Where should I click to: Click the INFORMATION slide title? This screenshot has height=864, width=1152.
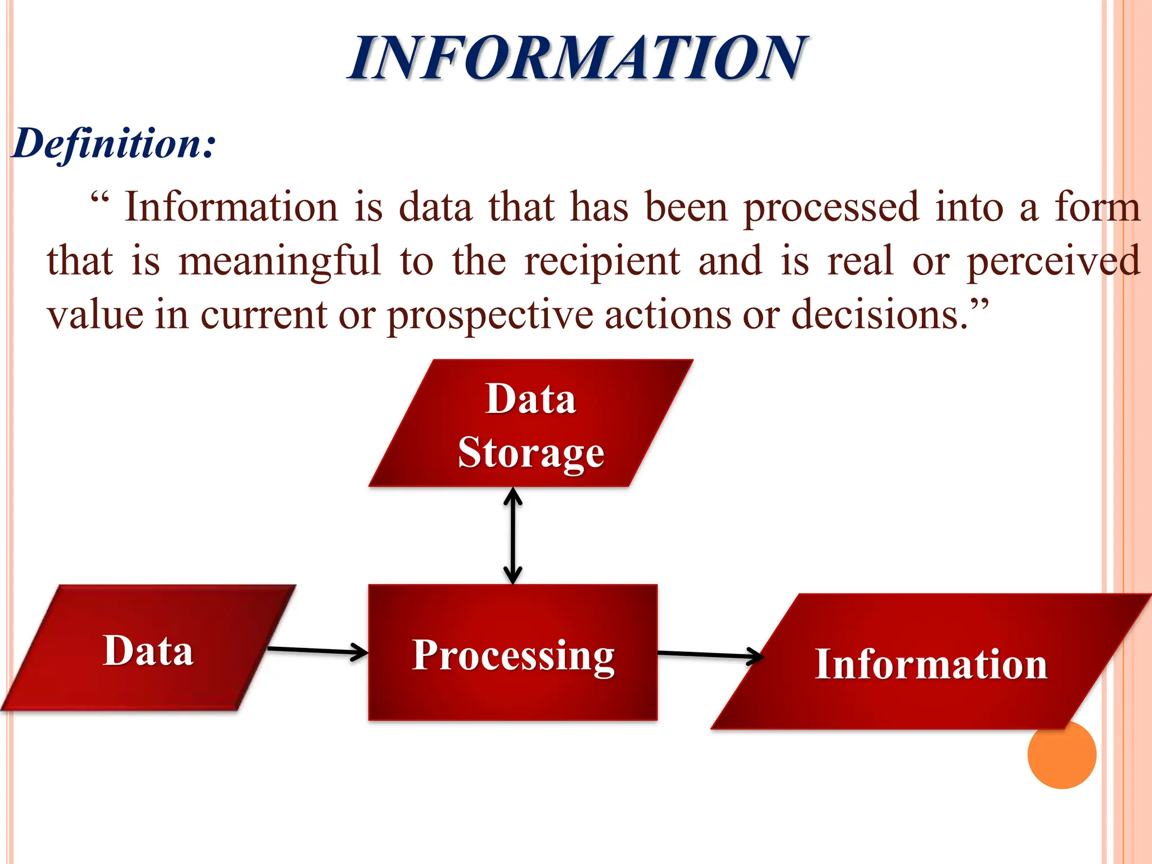[x=578, y=57]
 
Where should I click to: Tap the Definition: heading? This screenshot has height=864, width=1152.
[x=114, y=143]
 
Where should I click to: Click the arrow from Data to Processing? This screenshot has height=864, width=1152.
[x=317, y=651]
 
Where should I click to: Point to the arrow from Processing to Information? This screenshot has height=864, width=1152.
[x=710, y=654]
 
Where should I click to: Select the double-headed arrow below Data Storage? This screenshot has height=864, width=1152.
[x=512, y=535]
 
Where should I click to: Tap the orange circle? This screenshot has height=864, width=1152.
[x=1061, y=754]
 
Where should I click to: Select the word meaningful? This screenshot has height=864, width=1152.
[x=280, y=262]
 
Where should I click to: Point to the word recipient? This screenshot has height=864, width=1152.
[x=602, y=262]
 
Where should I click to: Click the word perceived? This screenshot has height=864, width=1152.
[x=1053, y=262]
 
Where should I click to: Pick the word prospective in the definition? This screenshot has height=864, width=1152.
[x=490, y=315]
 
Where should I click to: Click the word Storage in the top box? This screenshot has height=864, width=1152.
[x=531, y=453]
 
